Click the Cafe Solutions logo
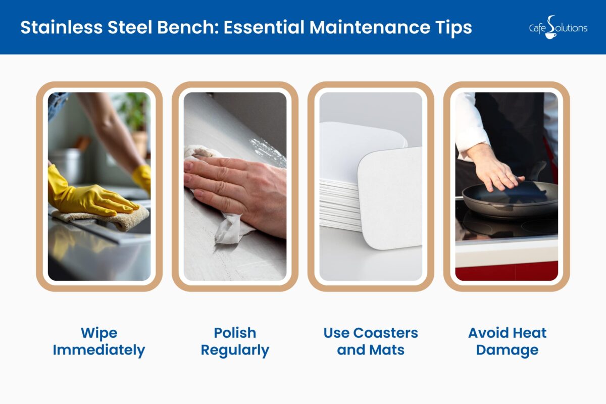pyautogui.click(x=558, y=27)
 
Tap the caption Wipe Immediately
pyautogui.click(x=99, y=341)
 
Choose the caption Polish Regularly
pyautogui.click(x=235, y=341)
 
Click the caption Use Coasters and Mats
pyautogui.click(x=371, y=341)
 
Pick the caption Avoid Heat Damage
pyautogui.click(x=507, y=341)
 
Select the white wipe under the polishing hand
pyautogui.click(x=230, y=230)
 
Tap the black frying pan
pyautogui.click(x=510, y=199)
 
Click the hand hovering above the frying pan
pyautogui.click(x=492, y=169)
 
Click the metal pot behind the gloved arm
pyautogui.click(x=66, y=164)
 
